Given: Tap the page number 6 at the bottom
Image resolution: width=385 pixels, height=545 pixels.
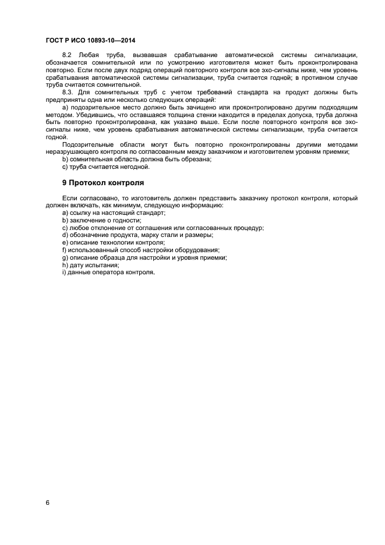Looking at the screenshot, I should (47, 502).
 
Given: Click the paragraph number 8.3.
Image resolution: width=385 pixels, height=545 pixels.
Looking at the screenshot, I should (68, 92).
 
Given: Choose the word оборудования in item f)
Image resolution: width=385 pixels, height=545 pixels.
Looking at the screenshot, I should (197, 250).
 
